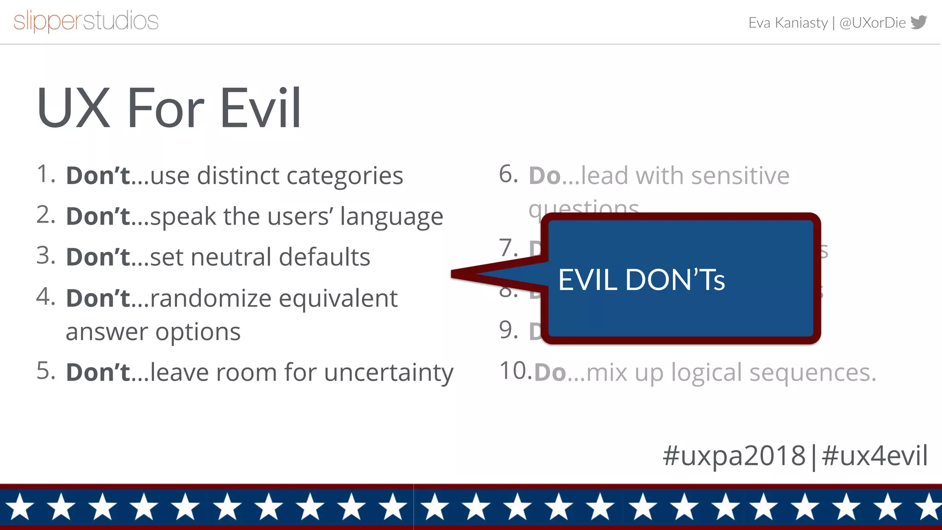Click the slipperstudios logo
(x=86, y=21)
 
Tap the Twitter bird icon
(x=919, y=22)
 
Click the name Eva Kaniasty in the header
(x=788, y=23)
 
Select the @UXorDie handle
(x=872, y=23)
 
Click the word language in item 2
(x=391, y=217)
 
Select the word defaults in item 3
(x=324, y=257)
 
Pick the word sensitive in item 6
(x=740, y=176)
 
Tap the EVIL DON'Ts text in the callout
(x=641, y=280)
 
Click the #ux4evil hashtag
(x=874, y=455)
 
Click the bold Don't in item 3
(x=98, y=257)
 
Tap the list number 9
(x=508, y=330)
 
